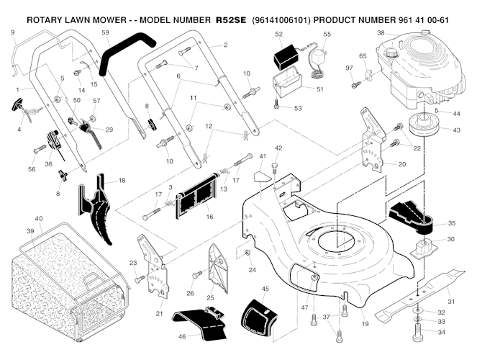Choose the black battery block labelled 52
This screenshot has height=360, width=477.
[x=287, y=55]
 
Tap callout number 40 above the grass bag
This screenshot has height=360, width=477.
[x=39, y=219]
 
